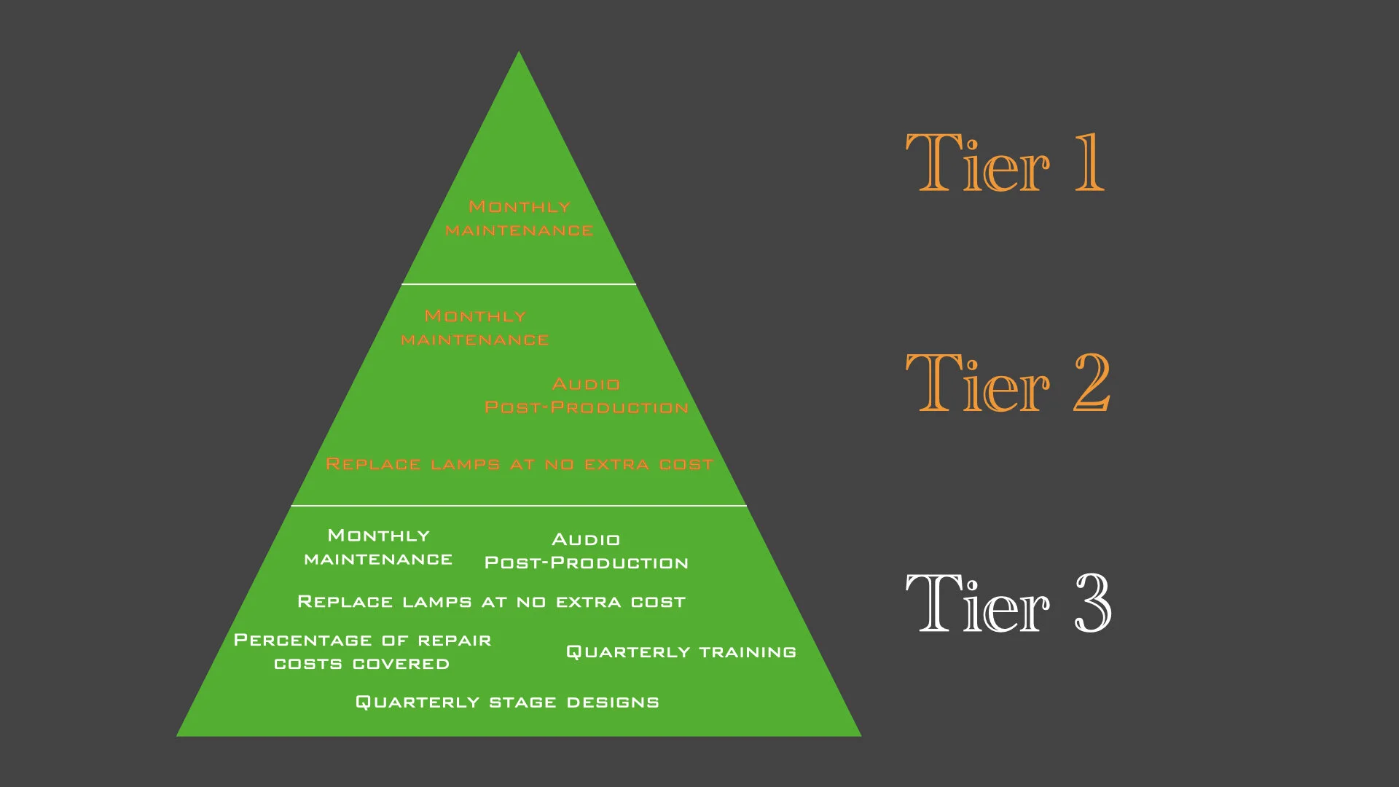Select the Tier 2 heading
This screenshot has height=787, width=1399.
(x=1007, y=383)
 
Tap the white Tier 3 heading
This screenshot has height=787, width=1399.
(x=1007, y=603)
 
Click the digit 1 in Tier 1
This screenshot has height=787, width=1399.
(x=1089, y=163)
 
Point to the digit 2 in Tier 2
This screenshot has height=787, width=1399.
(x=1092, y=383)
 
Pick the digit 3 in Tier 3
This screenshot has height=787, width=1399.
(x=1093, y=603)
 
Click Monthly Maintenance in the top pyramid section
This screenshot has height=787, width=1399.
(x=519, y=219)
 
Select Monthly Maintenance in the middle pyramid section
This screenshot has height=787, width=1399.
(x=475, y=328)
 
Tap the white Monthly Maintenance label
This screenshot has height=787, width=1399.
(x=378, y=547)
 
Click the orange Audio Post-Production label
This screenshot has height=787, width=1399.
(x=587, y=396)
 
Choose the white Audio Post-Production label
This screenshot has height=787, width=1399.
(x=587, y=551)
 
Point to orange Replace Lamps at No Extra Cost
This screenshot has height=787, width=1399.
(x=519, y=464)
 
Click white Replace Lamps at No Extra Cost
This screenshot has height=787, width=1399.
(x=491, y=602)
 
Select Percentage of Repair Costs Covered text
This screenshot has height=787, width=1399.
(x=362, y=652)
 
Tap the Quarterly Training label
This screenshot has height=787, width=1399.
(x=681, y=652)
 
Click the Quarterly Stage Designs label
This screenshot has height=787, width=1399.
(x=507, y=702)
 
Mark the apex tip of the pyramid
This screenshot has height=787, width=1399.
(x=519, y=53)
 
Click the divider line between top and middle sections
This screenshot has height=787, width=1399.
(x=519, y=284)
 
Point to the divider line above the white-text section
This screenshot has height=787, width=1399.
(x=519, y=505)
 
